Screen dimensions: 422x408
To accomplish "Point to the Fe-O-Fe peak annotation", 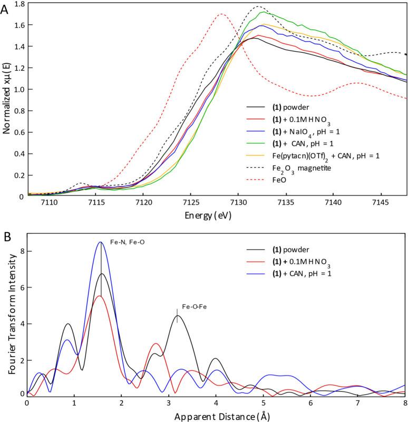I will [x=177, y=305].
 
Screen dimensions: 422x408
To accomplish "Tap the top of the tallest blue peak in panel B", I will [x=100, y=242].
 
